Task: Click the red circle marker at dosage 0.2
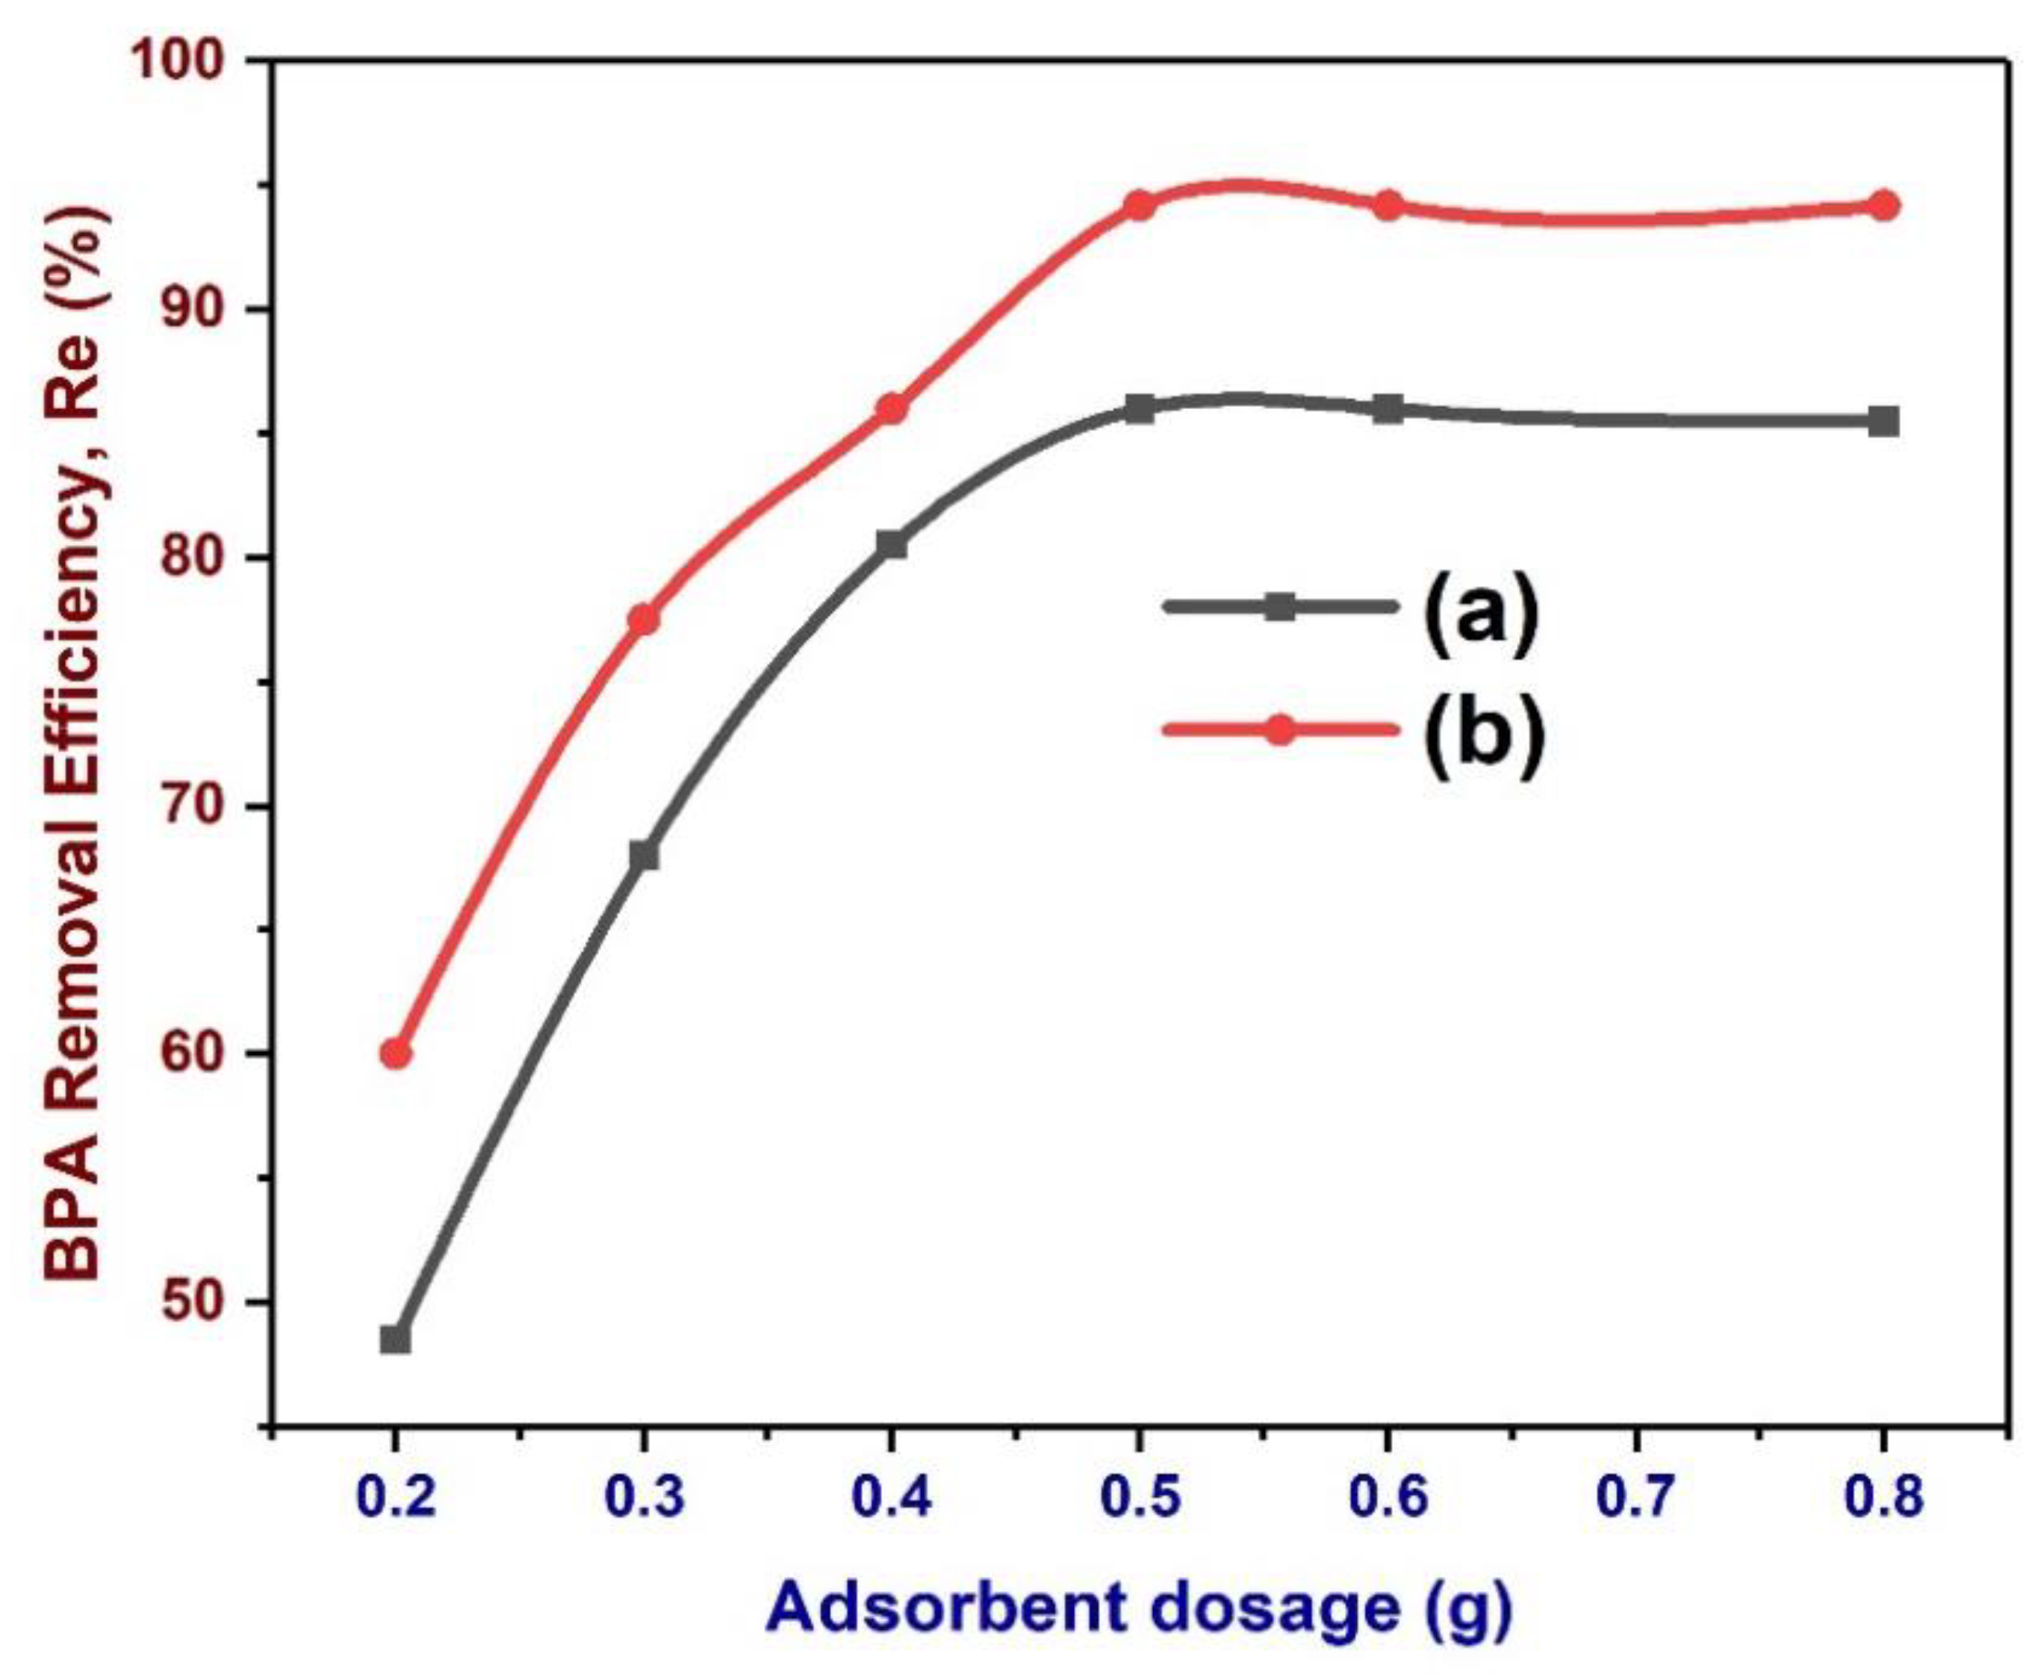click(396, 1054)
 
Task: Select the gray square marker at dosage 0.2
click(396, 1339)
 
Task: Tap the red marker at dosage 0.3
click(643, 619)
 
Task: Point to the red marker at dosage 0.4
click(891, 408)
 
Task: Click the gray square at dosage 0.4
click(891, 545)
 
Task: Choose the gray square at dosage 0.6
click(1388, 409)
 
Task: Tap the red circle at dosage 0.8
click(1883, 205)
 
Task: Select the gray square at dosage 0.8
click(1883, 421)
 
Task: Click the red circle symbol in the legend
click(1279, 730)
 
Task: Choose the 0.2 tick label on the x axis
click(396, 1498)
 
